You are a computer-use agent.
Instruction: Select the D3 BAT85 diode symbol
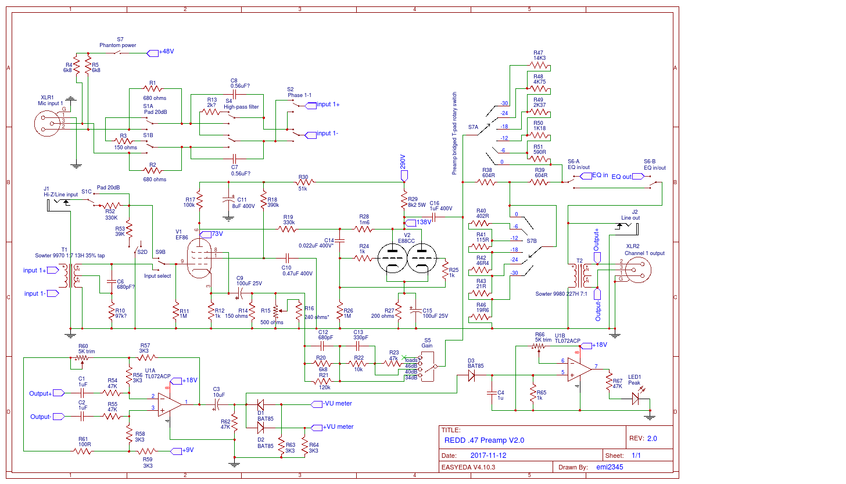471,375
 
